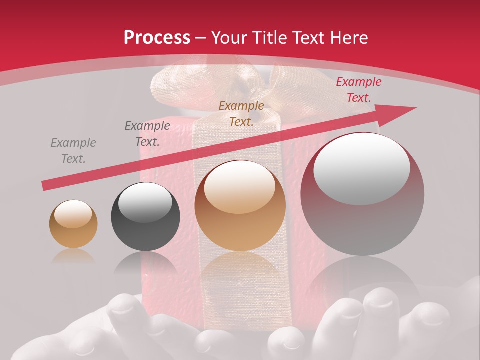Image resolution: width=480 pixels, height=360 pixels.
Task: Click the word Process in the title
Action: tap(157, 37)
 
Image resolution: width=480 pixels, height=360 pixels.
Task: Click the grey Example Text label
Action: tap(73, 151)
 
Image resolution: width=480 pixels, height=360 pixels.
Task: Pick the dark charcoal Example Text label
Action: tap(147, 134)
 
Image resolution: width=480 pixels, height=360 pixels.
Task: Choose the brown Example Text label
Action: tap(241, 113)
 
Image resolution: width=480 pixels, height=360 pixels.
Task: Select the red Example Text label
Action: tap(359, 90)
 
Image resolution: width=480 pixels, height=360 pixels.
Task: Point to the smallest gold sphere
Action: tap(73, 224)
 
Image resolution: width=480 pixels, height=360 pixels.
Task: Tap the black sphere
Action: tap(145, 217)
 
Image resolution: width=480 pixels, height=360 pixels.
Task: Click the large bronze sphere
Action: tap(240, 206)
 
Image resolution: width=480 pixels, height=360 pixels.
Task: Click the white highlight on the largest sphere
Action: tap(362, 169)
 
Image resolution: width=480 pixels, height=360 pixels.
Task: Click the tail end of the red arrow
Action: tap(46, 185)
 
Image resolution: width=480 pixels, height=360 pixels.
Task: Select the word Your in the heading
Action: tap(228, 37)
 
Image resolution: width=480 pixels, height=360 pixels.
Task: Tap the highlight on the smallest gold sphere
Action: tap(73, 214)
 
